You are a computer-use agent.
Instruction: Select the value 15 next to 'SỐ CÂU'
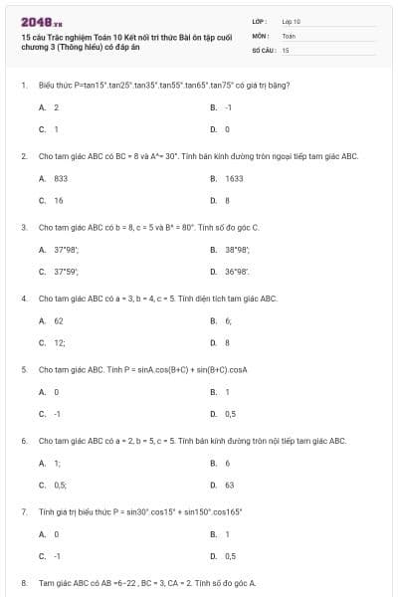click(x=286, y=49)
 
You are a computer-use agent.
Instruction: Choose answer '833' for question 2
click(x=60, y=178)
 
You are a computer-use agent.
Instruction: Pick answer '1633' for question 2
click(x=234, y=178)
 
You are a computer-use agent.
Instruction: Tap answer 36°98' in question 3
click(x=237, y=272)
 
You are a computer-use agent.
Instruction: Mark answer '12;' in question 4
click(x=60, y=343)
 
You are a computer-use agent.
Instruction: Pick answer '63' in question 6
click(x=230, y=486)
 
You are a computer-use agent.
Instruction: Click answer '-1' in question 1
click(x=229, y=106)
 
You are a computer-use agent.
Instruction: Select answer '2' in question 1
click(x=57, y=106)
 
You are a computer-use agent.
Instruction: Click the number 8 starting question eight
click(x=23, y=583)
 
